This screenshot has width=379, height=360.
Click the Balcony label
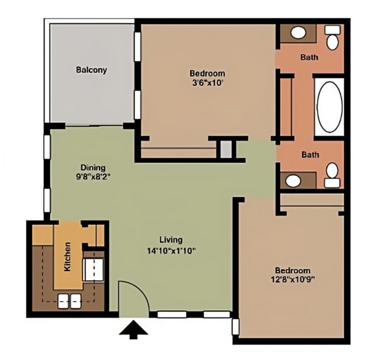91,70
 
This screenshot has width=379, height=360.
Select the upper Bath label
309,57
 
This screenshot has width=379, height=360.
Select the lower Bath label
310,155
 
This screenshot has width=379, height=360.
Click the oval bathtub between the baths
330,107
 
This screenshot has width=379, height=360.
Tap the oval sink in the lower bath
293,180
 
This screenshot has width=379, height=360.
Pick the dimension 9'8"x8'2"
94,176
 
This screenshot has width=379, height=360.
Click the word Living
171,240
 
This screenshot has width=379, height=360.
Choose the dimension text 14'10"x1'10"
171,250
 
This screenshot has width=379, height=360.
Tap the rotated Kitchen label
68,256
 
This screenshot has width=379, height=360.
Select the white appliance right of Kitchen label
92,268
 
